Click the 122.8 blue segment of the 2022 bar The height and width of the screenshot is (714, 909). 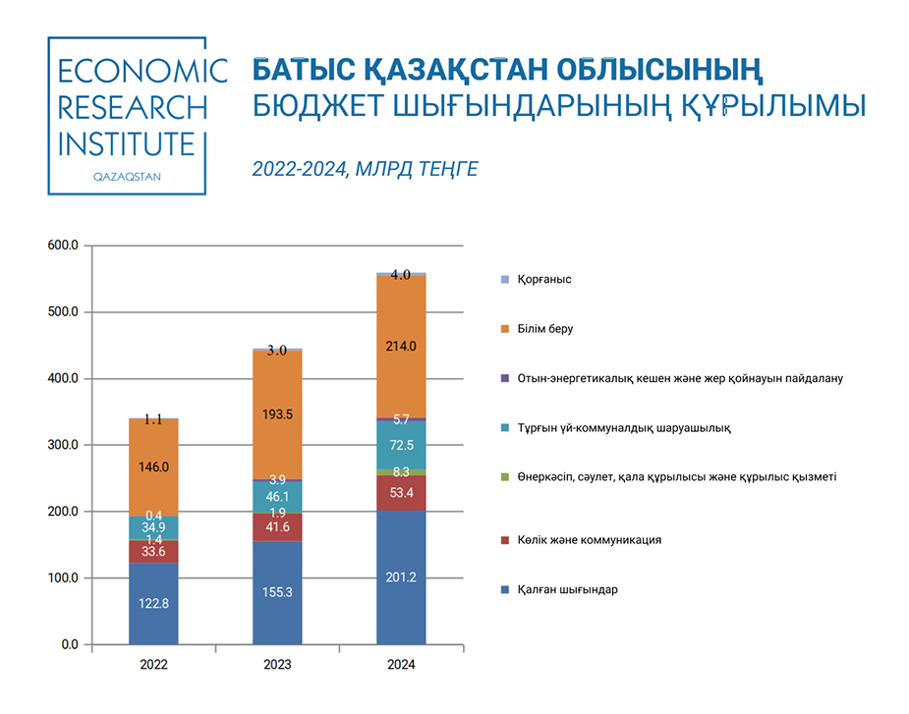point(153,603)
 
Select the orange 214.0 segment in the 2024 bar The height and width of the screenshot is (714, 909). point(401,346)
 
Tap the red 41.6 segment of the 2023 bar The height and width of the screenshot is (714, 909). point(277,526)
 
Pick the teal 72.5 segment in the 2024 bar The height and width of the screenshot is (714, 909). point(401,445)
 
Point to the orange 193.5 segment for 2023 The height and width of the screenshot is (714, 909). point(277,414)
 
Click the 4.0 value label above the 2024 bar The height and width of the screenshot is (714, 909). point(401,275)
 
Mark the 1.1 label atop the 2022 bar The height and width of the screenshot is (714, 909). point(153,419)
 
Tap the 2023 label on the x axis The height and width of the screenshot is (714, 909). point(277,665)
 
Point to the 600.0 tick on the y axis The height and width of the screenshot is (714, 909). point(63,246)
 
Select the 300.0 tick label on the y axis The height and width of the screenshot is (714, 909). point(63,445)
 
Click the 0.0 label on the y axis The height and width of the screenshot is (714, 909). point(70,644)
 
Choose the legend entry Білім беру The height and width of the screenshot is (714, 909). point(545,329)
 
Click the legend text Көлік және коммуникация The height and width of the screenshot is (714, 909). point(589,540)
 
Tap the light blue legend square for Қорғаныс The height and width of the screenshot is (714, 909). point(505,279)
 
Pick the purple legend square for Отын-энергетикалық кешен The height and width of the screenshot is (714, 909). point(505,378)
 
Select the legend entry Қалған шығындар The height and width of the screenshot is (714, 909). point(568,590)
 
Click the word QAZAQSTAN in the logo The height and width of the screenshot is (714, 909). point(127,177)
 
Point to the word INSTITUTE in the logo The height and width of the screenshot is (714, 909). point(127,144)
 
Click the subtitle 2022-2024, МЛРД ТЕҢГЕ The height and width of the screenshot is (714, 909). point(366,169)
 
